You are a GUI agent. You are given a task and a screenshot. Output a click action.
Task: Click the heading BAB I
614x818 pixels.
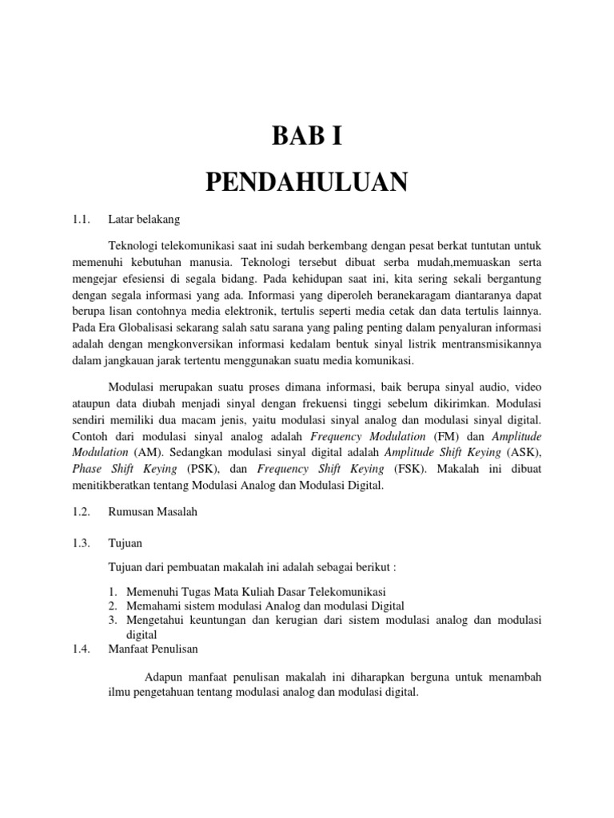(307, 137)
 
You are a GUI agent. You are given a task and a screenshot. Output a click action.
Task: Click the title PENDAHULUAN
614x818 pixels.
(307, 182)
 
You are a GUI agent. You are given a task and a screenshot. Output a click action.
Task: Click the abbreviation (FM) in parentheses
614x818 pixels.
(446, 436)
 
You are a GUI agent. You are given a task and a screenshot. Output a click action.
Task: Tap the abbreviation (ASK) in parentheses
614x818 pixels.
(524, 452)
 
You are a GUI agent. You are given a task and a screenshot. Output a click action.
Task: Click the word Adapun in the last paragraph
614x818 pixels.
(163, 677)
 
